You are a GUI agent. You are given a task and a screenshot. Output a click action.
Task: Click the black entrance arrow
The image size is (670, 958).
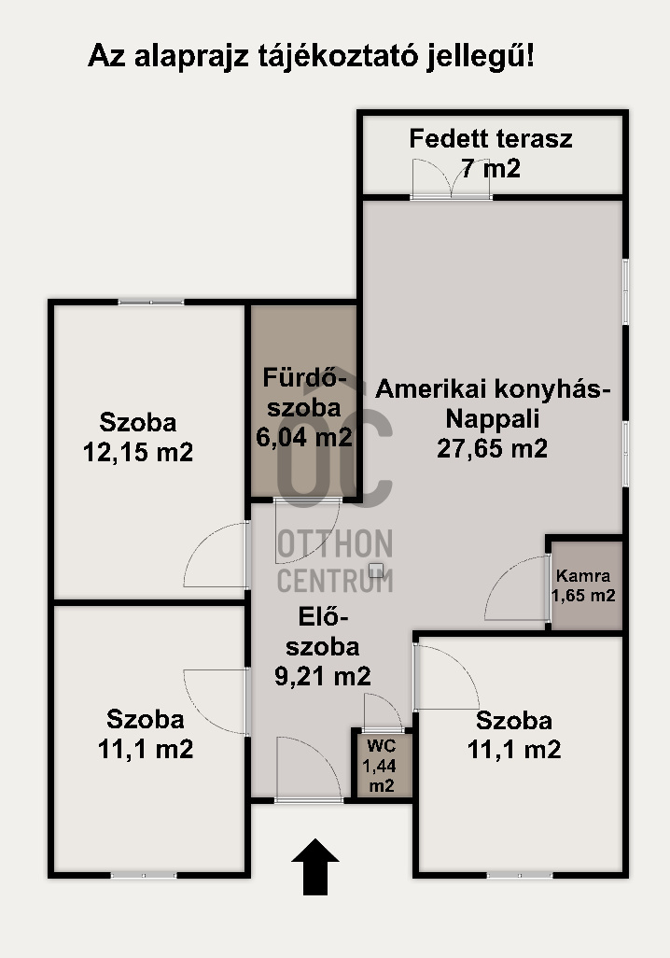315,867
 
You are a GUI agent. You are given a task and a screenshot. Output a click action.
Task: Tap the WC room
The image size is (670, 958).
381,765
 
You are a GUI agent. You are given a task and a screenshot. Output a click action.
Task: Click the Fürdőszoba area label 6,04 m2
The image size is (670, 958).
304,438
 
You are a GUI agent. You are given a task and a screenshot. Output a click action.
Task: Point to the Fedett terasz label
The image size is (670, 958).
491,139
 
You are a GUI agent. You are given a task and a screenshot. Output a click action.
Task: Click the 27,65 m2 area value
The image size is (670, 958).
493,448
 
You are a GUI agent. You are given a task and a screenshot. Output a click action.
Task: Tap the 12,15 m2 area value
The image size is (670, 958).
138,452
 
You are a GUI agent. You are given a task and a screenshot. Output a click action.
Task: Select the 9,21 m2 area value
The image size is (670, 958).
323,676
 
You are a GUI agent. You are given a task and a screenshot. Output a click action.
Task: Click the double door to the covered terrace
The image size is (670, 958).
452,179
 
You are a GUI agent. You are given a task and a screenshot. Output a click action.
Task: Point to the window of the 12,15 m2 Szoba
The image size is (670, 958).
151,302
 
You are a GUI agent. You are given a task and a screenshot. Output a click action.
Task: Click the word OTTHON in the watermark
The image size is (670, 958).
335,544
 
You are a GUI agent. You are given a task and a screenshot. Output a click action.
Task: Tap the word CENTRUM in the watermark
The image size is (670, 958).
335,580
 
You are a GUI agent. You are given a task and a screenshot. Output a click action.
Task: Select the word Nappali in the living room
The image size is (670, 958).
493,419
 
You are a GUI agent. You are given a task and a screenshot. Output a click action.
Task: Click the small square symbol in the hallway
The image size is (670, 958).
376,570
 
